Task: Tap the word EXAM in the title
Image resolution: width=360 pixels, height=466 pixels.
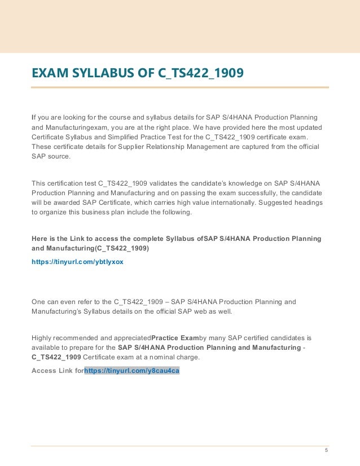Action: click(47, 73)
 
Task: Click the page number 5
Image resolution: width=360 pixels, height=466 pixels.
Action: click(326, 450)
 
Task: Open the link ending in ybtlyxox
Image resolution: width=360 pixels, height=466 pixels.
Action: click(77, 262)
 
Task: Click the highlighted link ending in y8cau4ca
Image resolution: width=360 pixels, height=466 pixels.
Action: click(131, 371)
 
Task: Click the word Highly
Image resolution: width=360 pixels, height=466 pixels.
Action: click(42, 338)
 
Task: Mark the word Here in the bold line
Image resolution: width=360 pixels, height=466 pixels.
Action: click(39, 239)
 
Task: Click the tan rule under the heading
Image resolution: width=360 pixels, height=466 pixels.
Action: click(179, 87)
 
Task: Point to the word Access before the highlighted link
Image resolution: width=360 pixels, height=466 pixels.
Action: click(43, 371)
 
